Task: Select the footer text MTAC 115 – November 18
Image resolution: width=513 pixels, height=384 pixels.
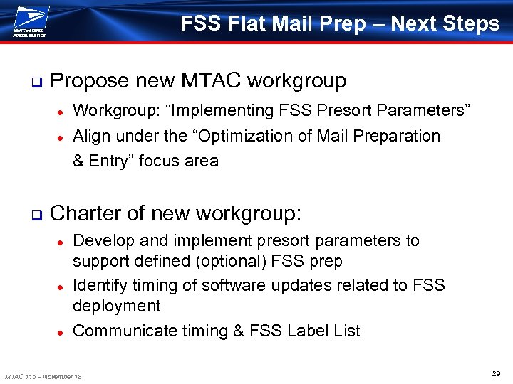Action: point(43,376)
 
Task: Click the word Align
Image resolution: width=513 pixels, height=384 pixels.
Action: point(90,135)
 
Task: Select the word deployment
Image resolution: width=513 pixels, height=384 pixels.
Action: point(117,306)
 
